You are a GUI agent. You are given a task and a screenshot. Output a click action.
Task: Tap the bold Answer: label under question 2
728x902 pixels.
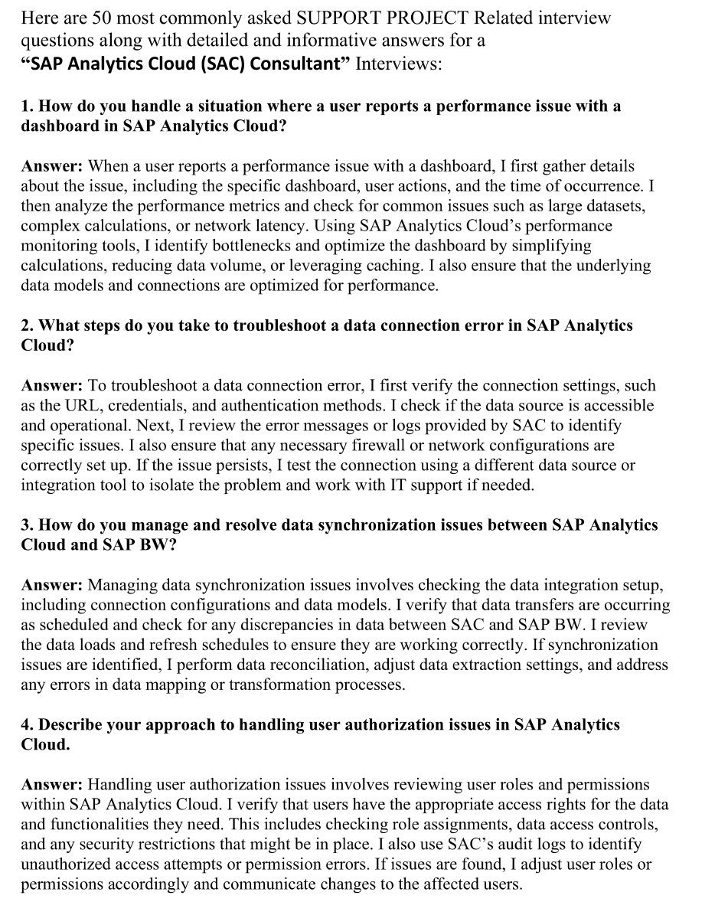51,386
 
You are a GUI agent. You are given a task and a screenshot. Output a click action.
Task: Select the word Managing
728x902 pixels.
122,586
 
